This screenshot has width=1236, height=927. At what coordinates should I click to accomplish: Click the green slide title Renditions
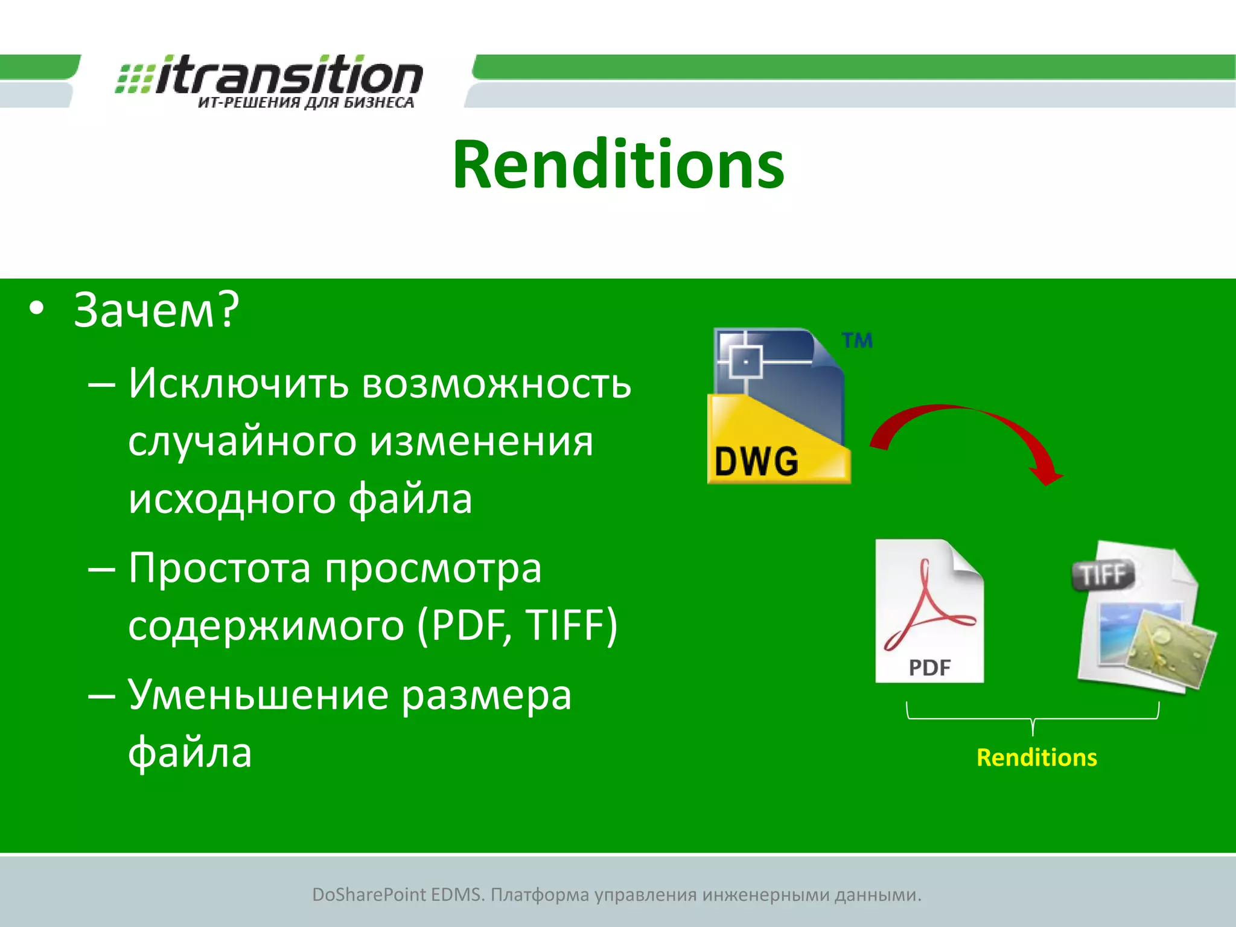click(618, 165)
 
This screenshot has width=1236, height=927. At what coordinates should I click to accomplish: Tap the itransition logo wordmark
click(288, 75)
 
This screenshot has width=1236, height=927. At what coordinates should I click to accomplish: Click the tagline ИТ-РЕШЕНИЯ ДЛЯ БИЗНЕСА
click(306, 103)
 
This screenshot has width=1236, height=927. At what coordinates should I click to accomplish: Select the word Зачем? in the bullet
click(156, 310)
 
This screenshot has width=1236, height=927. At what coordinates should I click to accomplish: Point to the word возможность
click(496, 384)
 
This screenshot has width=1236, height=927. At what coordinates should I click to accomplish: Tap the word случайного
click(242, 442)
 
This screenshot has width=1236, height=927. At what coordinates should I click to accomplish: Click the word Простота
click(220, 569)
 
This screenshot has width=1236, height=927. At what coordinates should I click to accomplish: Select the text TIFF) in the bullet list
click(571, 625)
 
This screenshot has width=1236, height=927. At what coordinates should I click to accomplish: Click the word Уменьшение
click(258, 695)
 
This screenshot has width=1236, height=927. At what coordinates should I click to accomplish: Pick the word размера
click(486, 695)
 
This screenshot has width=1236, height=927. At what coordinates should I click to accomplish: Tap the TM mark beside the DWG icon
click(857, 340)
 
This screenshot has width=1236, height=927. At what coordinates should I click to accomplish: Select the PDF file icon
click(929, 611)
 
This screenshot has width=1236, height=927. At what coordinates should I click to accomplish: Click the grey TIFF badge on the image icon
click(1103, 575)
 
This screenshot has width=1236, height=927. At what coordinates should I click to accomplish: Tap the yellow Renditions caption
click(1036, 757)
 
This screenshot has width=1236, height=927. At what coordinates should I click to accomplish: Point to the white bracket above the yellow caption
click(1033, 719)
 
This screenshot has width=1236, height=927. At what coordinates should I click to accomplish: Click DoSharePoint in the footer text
click(369, 894)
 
